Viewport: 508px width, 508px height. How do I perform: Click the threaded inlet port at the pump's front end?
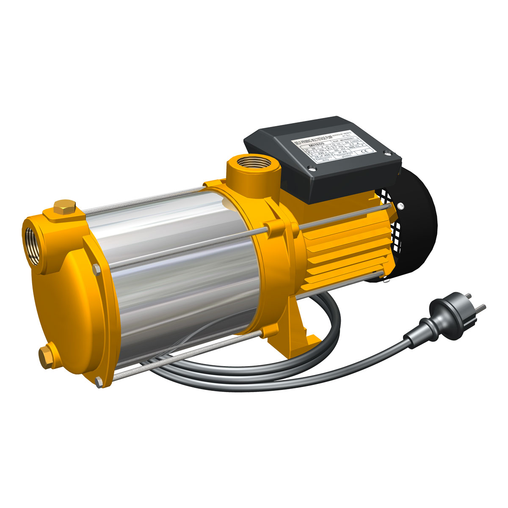point(33,242)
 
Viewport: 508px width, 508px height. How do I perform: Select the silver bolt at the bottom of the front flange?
point(99,382)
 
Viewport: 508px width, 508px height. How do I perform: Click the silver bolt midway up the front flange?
point(96,268)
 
